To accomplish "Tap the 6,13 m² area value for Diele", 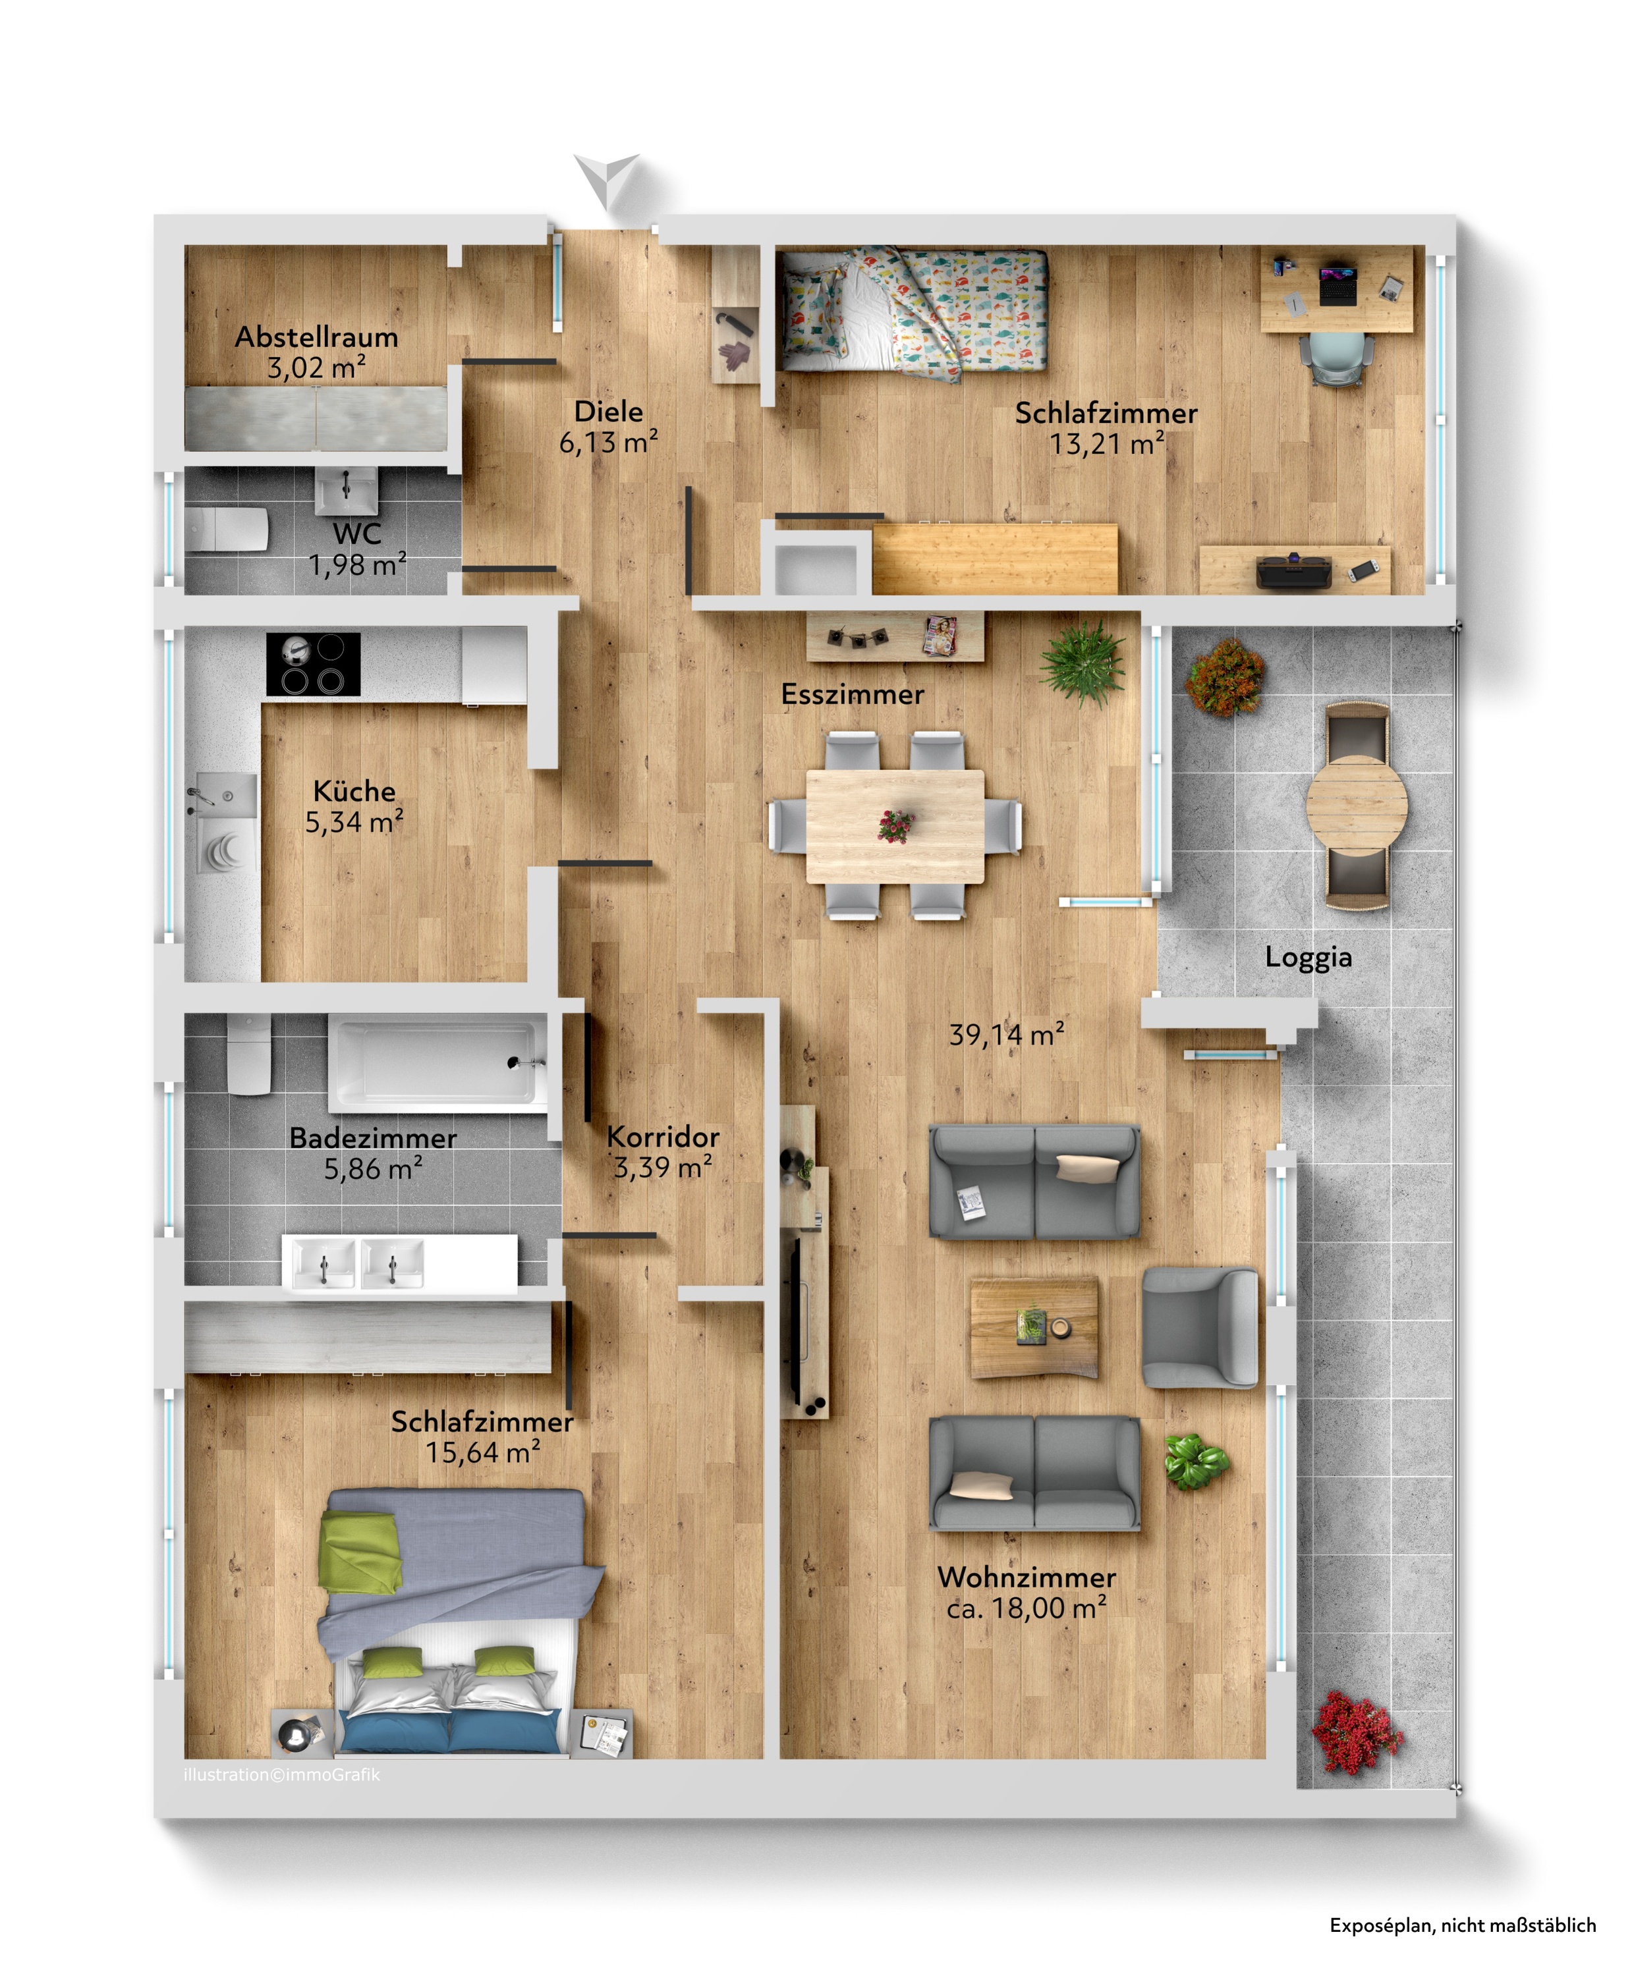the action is (608, 442).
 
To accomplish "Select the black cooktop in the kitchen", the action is (313, 664).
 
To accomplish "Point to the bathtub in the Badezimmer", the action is (437, 1063).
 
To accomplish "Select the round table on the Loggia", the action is (1357, 806).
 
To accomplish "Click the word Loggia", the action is (1308, 957).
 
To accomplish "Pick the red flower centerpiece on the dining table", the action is (896, 826).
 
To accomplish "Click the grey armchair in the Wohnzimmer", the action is (1200, 1327).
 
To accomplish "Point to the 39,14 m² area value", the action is (1006, 1035).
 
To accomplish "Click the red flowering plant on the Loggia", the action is (1357, 1732).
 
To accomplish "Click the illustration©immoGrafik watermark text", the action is (282, 1774).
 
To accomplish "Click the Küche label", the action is (354, 790).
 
